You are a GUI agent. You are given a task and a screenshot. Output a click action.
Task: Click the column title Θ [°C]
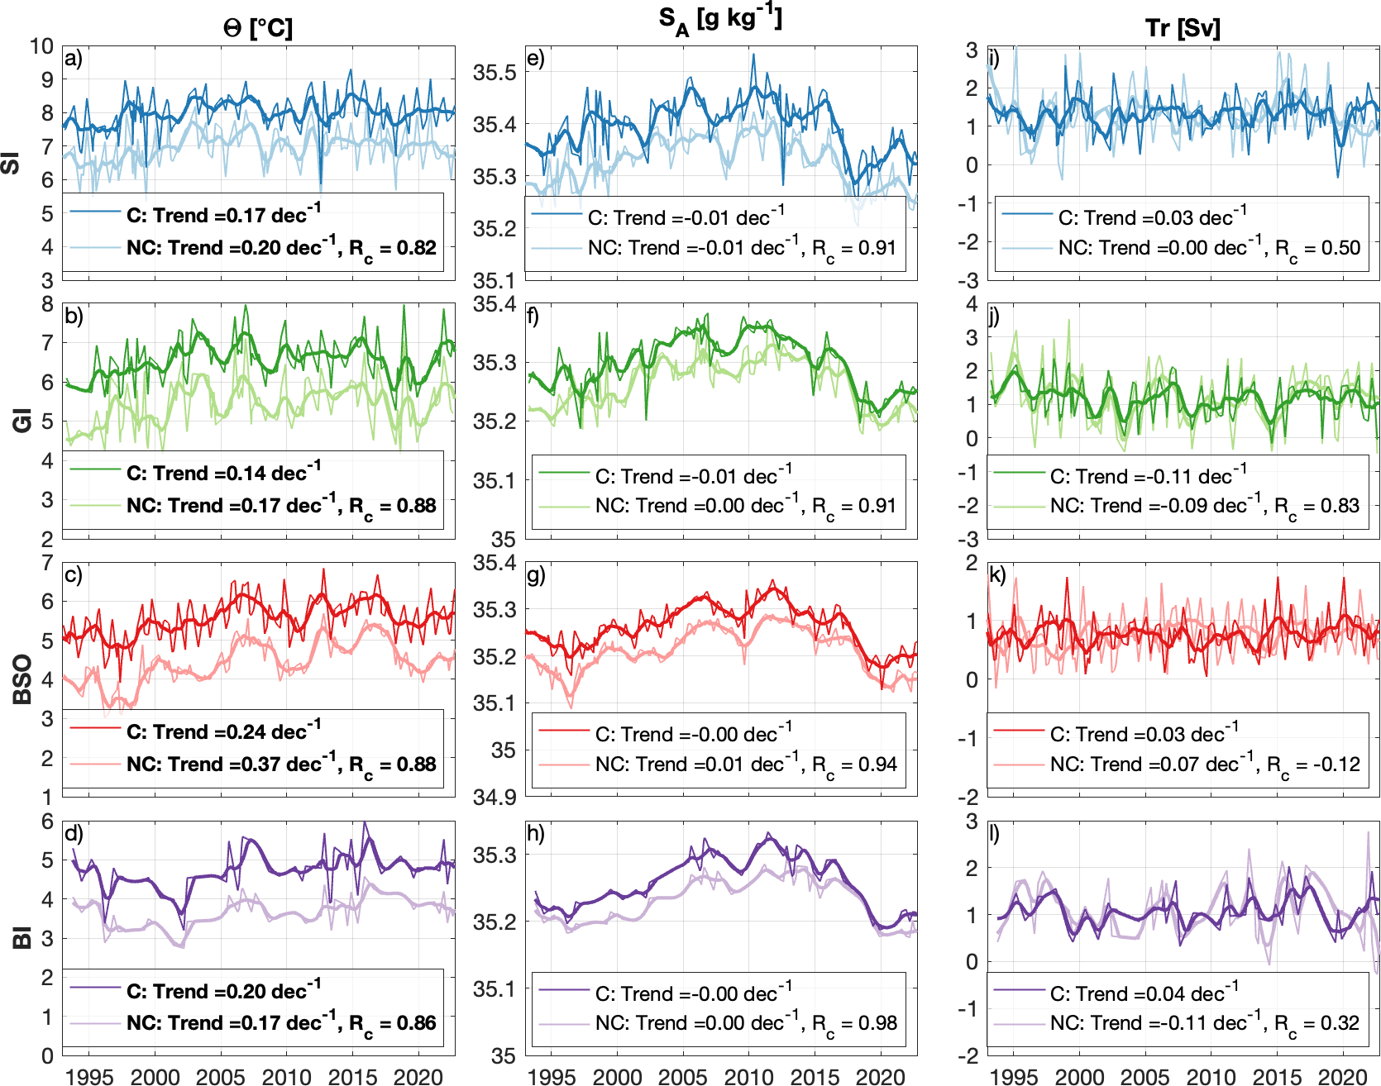click(258, 28)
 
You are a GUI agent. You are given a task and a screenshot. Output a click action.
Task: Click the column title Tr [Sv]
click(1183, 28)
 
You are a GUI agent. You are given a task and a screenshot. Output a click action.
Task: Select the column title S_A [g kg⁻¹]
click(720, 20)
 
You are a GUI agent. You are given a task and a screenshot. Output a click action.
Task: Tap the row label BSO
click(23, 679)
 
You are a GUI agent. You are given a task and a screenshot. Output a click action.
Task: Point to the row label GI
click(23, 421)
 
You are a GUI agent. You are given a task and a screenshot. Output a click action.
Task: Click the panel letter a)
click(74, 59)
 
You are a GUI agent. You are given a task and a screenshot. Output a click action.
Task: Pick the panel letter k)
click(998, 574)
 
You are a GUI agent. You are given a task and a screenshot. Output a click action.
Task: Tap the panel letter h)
click(536, 833)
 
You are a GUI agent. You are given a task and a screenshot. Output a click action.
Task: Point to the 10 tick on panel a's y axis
click(41, 46)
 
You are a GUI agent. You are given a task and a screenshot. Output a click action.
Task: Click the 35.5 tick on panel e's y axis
click(495, 73)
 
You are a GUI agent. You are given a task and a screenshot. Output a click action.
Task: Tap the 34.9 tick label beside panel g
click(495, 798)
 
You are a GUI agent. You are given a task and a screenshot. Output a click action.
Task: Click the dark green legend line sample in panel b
click(95, 471)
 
